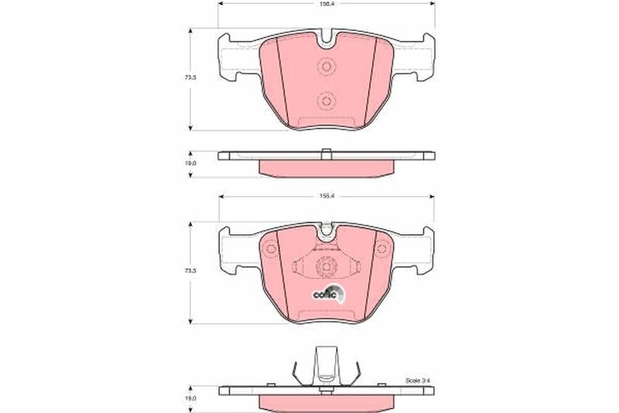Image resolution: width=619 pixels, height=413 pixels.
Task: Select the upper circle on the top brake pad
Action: coord(325,68)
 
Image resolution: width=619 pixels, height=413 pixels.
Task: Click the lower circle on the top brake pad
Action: coord(325,102)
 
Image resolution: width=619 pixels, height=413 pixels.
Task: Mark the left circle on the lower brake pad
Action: coord(270,250)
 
